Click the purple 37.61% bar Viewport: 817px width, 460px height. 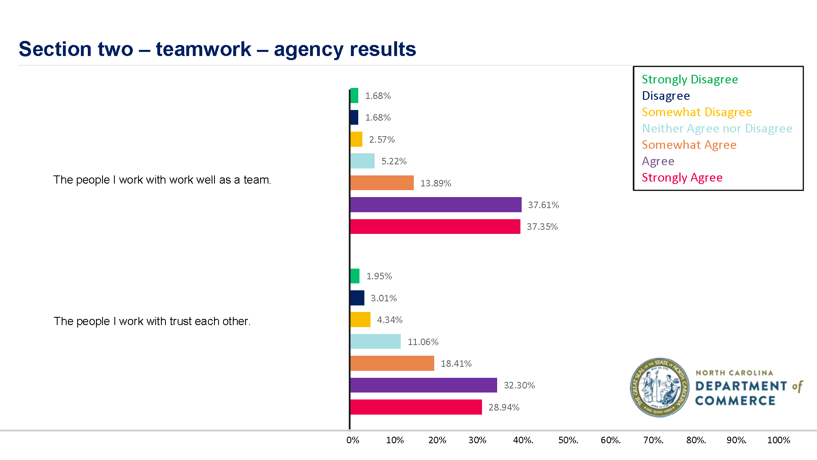point(435,204)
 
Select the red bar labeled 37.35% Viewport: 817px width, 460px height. point(435,227)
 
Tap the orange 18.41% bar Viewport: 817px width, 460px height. point(392,363)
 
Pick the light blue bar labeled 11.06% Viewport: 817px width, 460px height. point(375,341)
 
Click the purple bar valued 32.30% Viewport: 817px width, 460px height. point(424,385)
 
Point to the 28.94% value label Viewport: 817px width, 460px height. point(504,407)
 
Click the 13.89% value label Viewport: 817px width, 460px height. point(435,183)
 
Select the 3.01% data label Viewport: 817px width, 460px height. point(384,298)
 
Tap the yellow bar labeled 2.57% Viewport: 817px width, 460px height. point(356,139)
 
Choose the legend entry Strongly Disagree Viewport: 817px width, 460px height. point(690,79)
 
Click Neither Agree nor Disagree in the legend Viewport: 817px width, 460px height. point(717,128)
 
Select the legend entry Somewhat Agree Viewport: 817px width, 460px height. point(689,145)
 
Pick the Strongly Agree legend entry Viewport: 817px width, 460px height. point(682,177)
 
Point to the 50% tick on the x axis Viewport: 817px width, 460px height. point(568,440)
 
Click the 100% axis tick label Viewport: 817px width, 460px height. point(778,440)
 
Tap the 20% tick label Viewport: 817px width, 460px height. point(437,440)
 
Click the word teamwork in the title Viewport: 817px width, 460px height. point(203,49)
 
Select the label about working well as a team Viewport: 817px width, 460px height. point(162,180)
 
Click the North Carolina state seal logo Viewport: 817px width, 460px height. point(659,387)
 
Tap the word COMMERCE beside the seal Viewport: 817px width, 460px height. point(735,401)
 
